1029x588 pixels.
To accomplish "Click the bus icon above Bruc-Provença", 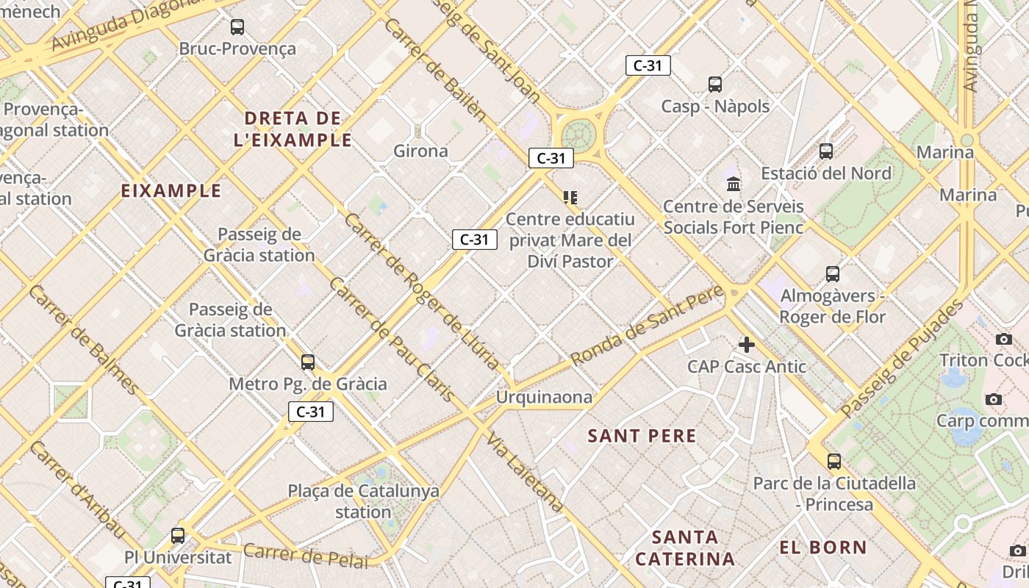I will (237, 27).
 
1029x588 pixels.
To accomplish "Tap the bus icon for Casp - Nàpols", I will (715, 85).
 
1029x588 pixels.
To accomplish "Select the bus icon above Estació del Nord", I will (826, 151).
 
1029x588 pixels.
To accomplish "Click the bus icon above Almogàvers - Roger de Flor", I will (833, 274).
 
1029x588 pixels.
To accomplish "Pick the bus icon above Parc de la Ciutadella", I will (834, 462).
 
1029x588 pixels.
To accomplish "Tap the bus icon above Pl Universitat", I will (178, 536).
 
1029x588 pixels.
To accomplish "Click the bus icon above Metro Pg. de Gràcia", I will (308, 362).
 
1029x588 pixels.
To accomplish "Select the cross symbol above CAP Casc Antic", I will (747, 344).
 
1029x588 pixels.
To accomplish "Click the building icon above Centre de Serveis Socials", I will (734, 184).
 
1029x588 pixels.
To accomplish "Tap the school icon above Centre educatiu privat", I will (570, 197).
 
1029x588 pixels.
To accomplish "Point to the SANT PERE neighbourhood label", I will (642, 436).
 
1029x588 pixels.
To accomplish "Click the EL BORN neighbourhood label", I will (823, 547).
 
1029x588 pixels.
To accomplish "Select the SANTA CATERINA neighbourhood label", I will (685, 548).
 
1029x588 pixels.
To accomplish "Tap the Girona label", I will (420, 151).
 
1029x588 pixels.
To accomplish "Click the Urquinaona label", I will (544, 398).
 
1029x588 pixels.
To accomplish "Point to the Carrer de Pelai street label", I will (305, 556).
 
